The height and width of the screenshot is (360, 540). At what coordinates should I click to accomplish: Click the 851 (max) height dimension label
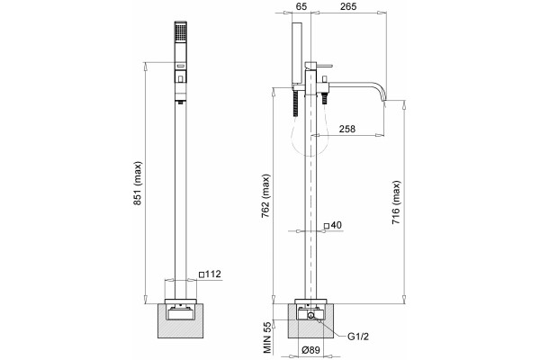138,183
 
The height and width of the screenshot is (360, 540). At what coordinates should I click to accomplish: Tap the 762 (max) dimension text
265,196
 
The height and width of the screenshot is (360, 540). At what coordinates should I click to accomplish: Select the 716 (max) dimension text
396,202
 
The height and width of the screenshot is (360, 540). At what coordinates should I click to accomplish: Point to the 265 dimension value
347,6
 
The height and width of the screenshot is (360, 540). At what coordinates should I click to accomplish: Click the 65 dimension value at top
301,6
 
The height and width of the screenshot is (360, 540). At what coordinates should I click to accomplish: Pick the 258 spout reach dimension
346,129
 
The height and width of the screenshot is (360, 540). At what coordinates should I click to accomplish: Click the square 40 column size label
333,225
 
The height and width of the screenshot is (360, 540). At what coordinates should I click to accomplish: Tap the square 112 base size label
210,274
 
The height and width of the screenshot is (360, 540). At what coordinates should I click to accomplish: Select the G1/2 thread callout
358,337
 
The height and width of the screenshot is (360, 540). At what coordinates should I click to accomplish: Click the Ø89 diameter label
310,350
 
